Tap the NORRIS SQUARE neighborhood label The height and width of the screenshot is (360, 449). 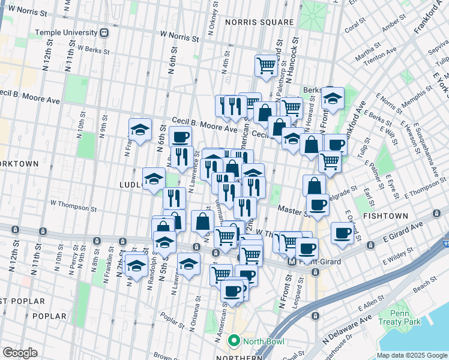pos(259,22)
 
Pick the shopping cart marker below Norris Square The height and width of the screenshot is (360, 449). pos(266,65)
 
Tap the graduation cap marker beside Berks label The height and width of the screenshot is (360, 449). pos(332,98)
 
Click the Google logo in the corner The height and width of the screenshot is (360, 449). pos(20,353)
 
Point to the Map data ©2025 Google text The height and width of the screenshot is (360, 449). pos(411,355)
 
